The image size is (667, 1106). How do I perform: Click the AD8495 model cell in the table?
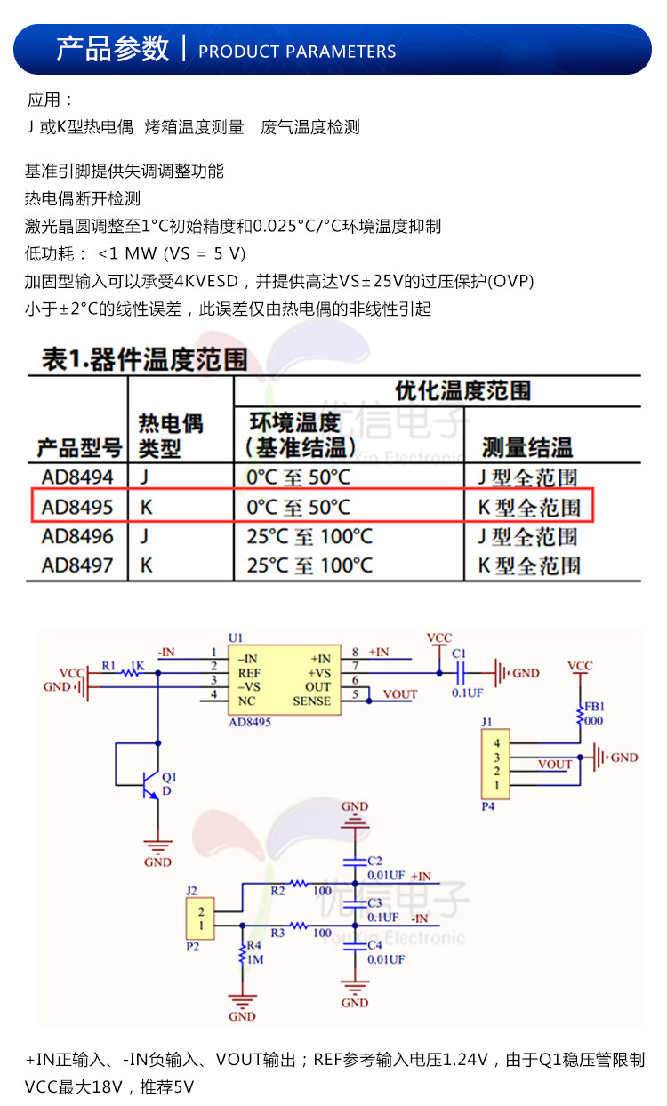[x=77, y=508]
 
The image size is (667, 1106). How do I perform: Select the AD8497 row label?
[x=77, y=565]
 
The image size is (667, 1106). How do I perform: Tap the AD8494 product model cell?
[x=77, y=477]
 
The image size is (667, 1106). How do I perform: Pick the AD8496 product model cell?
[x=77, y=537]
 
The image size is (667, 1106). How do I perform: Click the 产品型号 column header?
[x=79, y=447]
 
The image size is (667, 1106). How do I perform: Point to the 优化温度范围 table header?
[x=462, y=390]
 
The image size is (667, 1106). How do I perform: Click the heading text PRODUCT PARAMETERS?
[x=297, y=52]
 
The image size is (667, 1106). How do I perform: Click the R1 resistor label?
[x=108, y=665]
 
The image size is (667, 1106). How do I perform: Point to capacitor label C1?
[x=459, y=654]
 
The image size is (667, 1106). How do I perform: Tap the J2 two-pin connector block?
[x=201, y=918]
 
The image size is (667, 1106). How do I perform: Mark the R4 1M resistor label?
[x=253, y=952]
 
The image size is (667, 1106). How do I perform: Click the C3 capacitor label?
[x=374, y=903]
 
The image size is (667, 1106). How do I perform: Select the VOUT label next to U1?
[x=399, y=694]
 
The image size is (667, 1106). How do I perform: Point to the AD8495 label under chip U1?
[x=250, y=723]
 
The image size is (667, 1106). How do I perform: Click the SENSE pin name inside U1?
[x=311, y=701]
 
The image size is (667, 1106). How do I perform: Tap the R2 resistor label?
[x=277, y=889]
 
